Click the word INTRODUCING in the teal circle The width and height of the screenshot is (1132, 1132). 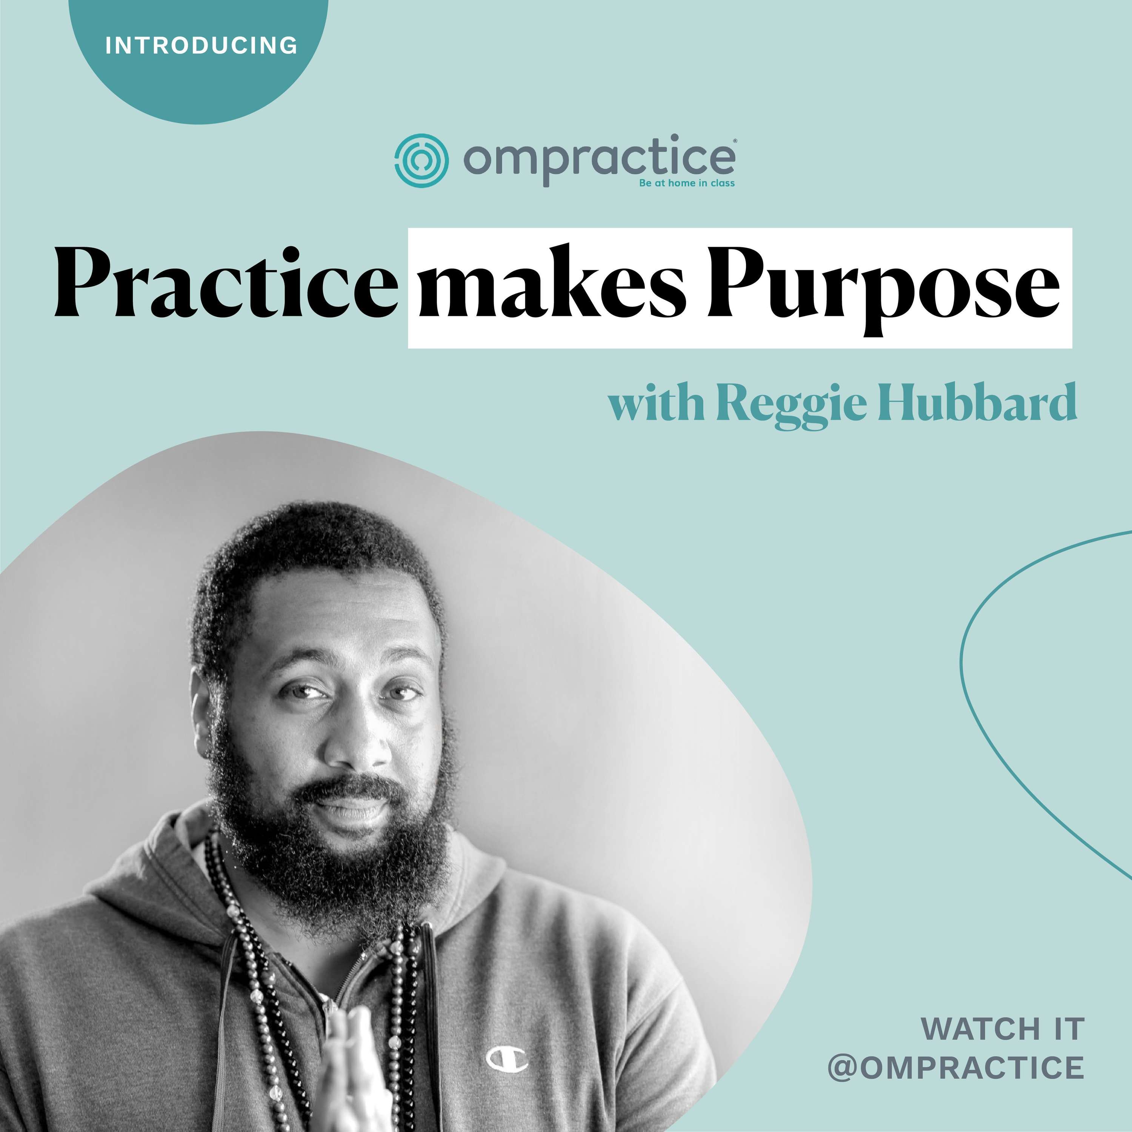point(201,46)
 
